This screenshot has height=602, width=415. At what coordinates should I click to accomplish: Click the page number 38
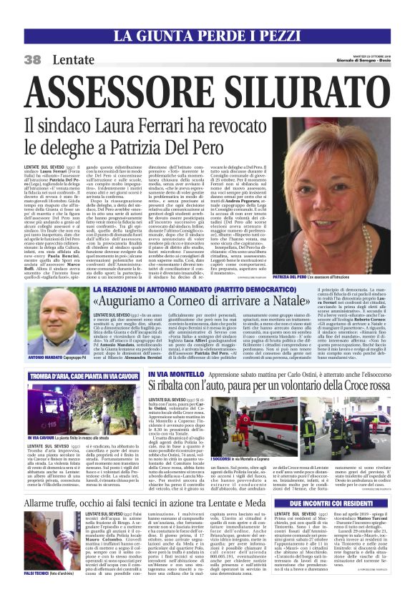pyautogui.click(x=32, y=60)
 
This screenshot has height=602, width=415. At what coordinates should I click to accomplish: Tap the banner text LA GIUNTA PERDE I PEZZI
pyautogui.click(x=207, y=35)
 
